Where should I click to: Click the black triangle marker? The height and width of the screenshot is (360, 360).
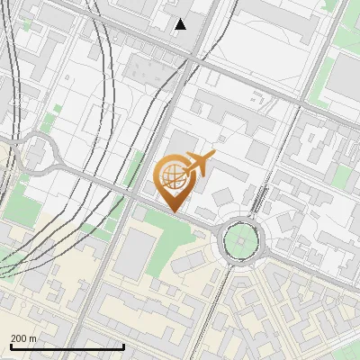(181, 24)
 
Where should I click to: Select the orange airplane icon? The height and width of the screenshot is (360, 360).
(200, 164)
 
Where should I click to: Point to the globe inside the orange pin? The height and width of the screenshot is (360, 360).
(172, 175)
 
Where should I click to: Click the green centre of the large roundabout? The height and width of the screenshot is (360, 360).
(241, 240)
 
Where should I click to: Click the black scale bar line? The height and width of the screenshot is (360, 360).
(67, 346)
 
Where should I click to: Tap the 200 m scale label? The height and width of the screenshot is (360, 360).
(23, 337)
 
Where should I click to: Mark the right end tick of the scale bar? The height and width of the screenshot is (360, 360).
(123, 346)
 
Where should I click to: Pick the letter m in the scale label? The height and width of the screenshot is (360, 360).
(33, 337)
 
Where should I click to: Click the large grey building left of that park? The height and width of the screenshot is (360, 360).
(137, 251)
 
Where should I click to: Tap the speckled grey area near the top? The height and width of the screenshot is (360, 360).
(143, 67)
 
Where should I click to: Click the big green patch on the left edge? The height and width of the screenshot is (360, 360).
(20, 207)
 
